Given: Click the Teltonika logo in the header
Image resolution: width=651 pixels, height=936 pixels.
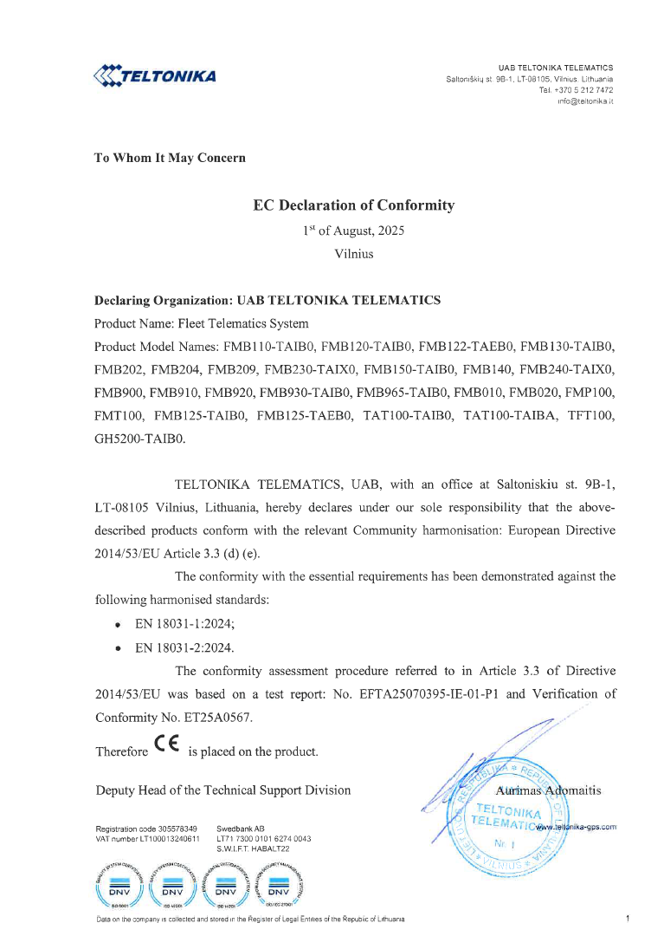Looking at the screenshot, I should pyautogui.click(x=154, y=75).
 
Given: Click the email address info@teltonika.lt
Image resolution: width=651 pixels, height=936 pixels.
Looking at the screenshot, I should pyautogui.click(x=585, y=101).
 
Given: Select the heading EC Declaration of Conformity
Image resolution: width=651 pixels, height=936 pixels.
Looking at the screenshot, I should pyautogui.click(x=353, y=205).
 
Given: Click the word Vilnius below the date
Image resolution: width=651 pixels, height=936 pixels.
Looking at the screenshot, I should pyautogui.click(x=353, y=254).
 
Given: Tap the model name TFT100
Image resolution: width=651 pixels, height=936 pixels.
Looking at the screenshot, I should pyautogui.click(x=592, y=416).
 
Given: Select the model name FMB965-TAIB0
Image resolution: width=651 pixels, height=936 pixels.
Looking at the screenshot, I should pyautogui.click(x=401, y=393).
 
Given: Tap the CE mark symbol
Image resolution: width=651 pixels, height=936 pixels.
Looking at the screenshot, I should pyautogui.click(x=167, y=744).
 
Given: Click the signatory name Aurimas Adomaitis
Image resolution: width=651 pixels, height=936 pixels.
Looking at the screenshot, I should pyautogui.click(x=549, y=790).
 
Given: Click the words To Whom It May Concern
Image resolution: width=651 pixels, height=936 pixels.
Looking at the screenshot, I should pyautogui.click(x=170, y=158).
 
